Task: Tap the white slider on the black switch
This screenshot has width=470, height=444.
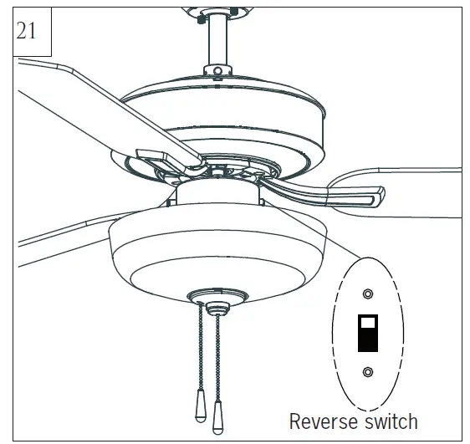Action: pos(367,320)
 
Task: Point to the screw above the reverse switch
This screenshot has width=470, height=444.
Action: pos(368,293)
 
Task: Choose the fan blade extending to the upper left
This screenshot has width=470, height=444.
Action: pos(84,92)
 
